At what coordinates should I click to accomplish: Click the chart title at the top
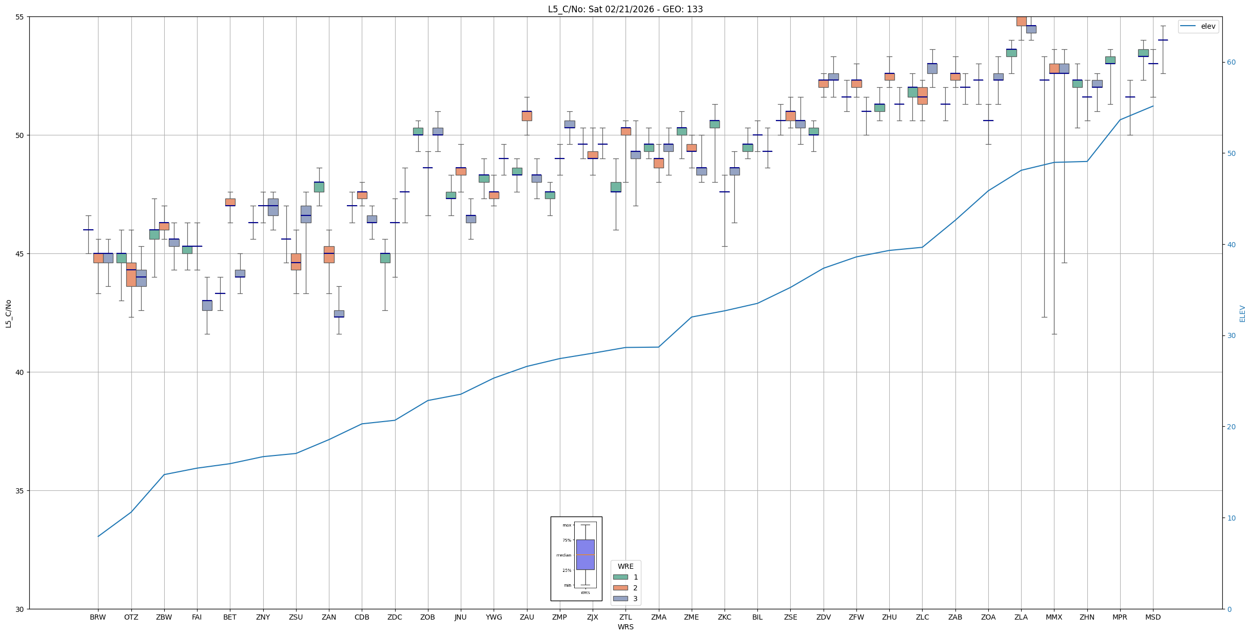pyautogui.click(x=625, y=9)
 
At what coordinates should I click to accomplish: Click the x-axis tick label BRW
pyautogui.click(x=97, y=617)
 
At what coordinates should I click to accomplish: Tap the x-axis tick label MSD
pyautogui.click(x=1152, y=617)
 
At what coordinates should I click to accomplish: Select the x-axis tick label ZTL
pyautogui.click(x=625, y=617)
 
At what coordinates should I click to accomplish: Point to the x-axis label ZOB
pyautogui.click(x=427, y=617)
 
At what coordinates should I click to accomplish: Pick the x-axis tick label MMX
pyautogui.click(x=1054, y=617)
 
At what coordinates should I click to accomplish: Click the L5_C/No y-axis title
pyautogui.click(x=8, y=313)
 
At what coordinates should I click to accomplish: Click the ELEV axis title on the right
pyautogui.click(x=1242, y=313)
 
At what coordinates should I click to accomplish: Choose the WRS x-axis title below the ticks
pyautogui.click(x=625, y=627)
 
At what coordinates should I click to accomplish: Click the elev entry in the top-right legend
pyautogui.click(x=1208, y=27)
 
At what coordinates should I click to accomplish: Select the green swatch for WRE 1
pyautogui.click(x=620, y=577)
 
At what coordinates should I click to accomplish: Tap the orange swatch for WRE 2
pyautogui.click(x=620, y=588)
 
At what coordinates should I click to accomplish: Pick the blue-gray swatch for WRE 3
pyautogui.click(x=620, y=599)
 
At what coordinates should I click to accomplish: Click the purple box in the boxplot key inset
pyautogui.click(x=585, y=554)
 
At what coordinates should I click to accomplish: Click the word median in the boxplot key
pyautogui.click(x=563, y=555)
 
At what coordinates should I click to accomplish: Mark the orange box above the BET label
pyautogui.click(x=230, y=202)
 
